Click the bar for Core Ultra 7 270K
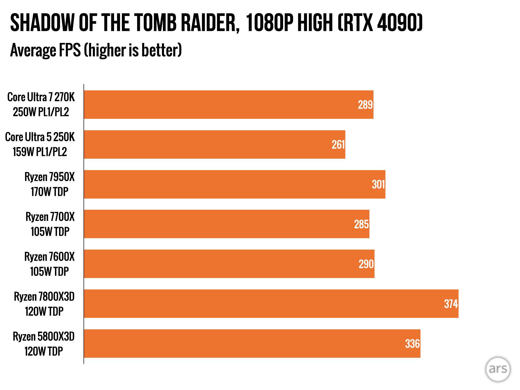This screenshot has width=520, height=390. pos(229,105)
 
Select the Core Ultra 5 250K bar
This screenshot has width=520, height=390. pos(215,144)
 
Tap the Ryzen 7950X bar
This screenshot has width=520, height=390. pos(235,184)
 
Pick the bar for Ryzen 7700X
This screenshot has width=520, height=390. pos(226,224)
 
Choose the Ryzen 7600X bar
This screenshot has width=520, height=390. pos(229,264)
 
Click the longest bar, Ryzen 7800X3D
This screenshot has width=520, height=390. pos(271,304)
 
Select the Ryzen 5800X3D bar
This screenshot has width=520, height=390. pos(252,344)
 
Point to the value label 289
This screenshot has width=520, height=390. pos(365,105)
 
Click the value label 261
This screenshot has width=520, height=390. pos(338,145)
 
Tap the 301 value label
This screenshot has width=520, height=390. pos(378,185)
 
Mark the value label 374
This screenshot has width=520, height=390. pos(451,304)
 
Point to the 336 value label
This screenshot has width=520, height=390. pos(412,344)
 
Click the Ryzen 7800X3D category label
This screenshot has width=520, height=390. pos(44,304)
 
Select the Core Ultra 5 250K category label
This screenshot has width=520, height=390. pos(40,144)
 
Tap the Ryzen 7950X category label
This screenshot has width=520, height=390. pos(50,184)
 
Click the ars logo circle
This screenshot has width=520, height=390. pos(498,369)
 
